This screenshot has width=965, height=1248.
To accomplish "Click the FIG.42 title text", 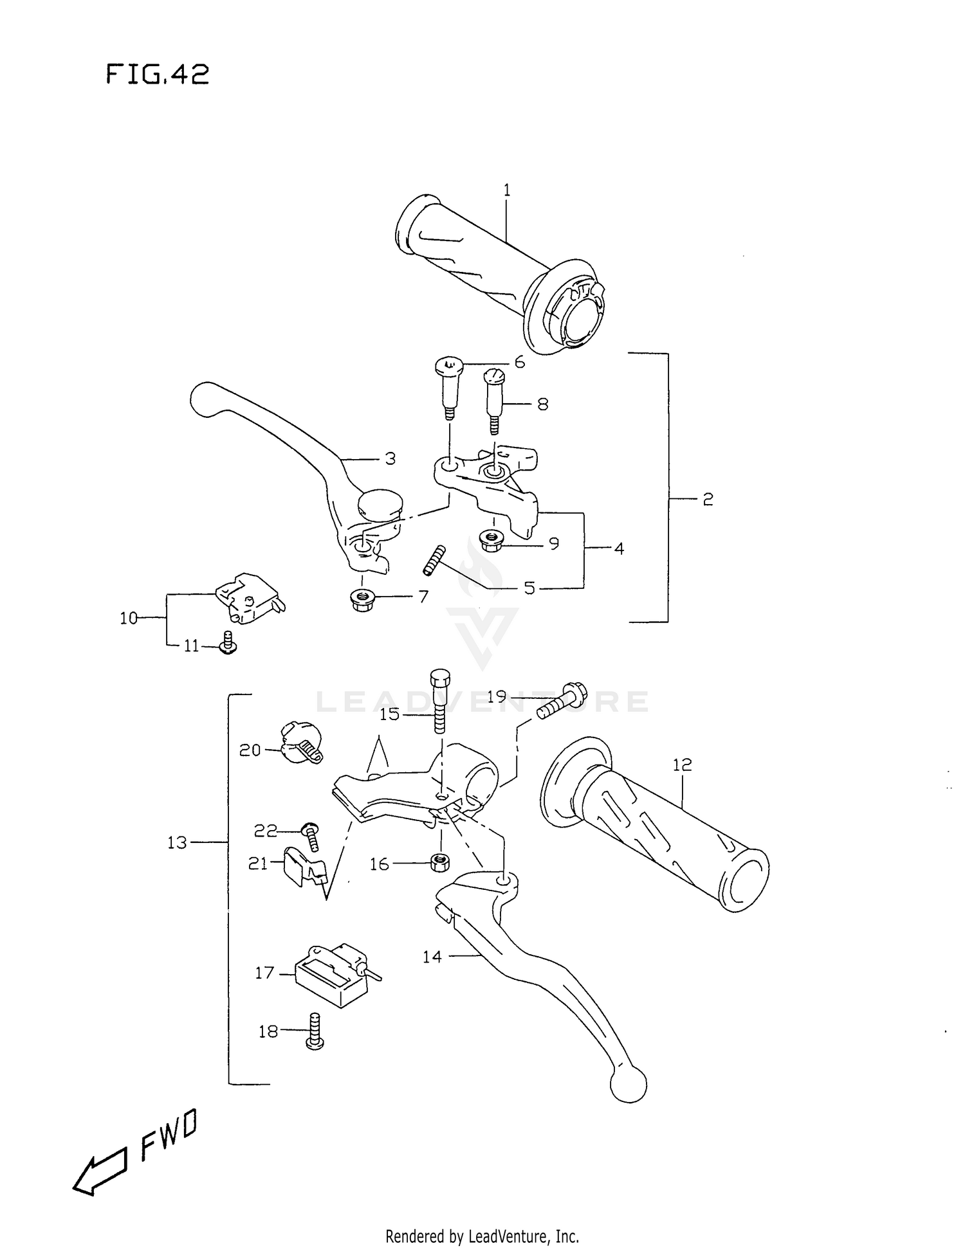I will [x=158, y=75].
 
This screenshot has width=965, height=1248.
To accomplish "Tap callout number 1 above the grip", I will [x=506, y=190].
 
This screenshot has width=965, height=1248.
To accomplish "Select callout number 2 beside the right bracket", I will [x=708, y=500].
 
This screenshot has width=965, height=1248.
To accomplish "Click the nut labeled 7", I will [x=362, y=601].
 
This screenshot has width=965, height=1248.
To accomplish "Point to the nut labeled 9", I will [x=492, y=539].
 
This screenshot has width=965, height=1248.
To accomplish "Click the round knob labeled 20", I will [x=297, y=743].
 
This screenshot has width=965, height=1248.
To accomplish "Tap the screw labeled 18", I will [x=315, y=1031].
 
